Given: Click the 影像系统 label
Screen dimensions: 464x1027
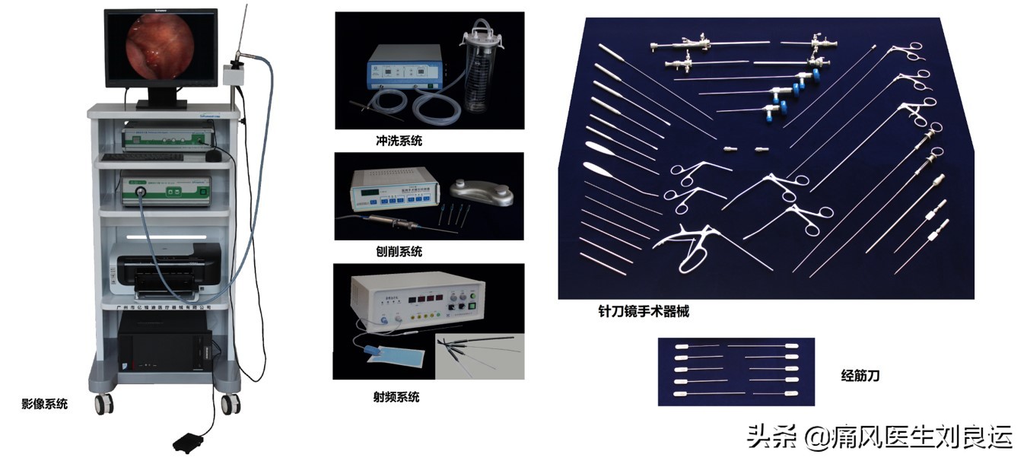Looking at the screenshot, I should pos(44,404).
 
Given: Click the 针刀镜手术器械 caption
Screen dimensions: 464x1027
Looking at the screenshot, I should pos(644,311).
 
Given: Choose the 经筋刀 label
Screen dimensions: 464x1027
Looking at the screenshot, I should pos(860,375).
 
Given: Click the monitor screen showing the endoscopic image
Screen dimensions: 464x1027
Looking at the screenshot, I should pos(161,47).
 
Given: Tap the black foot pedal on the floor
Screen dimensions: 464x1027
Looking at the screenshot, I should pos(190,442).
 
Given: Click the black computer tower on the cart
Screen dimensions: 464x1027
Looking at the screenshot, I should pos(164,344).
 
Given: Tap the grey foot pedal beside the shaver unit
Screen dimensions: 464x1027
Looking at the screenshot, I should pos(474,189).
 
